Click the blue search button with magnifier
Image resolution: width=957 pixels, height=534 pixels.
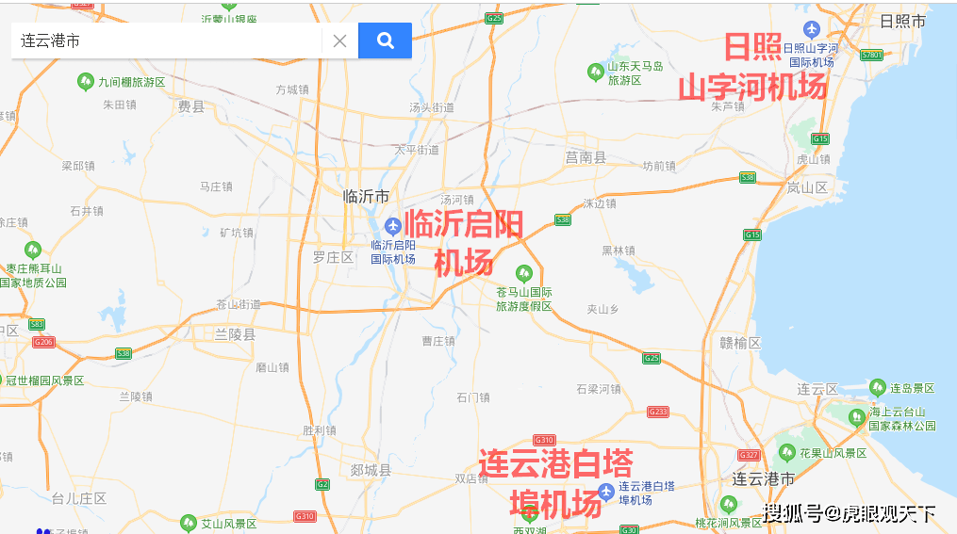385,40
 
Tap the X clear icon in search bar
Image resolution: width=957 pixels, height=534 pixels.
339,40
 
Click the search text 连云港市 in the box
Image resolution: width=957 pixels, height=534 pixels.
51,41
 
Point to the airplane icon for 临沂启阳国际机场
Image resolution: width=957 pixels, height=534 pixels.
393,224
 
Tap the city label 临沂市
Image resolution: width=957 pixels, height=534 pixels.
367,197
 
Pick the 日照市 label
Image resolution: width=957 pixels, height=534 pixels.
902,21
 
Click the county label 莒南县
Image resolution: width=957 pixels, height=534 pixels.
586,157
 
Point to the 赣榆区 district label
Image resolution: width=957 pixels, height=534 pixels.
739,344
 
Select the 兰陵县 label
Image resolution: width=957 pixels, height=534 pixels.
235,334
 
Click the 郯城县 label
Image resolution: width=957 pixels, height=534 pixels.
370,470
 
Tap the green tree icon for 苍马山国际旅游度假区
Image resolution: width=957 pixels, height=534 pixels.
523,273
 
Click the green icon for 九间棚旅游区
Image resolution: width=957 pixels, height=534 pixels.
85,82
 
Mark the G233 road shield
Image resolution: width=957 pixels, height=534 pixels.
658,412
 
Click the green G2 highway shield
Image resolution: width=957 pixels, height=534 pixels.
322,484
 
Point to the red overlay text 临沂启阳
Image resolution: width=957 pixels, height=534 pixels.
464,224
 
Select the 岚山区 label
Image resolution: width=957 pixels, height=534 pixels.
807,187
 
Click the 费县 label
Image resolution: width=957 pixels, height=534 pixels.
191,107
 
